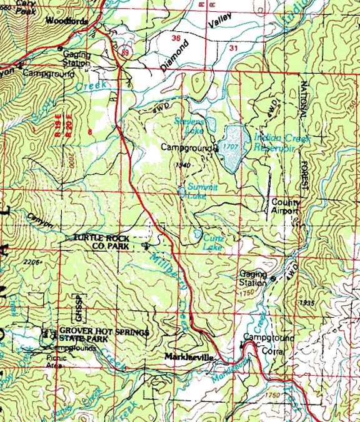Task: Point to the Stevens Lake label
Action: (x=189, y=125)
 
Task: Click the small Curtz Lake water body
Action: (x=197, y=235)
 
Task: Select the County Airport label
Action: (x=285, y=207)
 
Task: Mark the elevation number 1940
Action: (x=182, y=165)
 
